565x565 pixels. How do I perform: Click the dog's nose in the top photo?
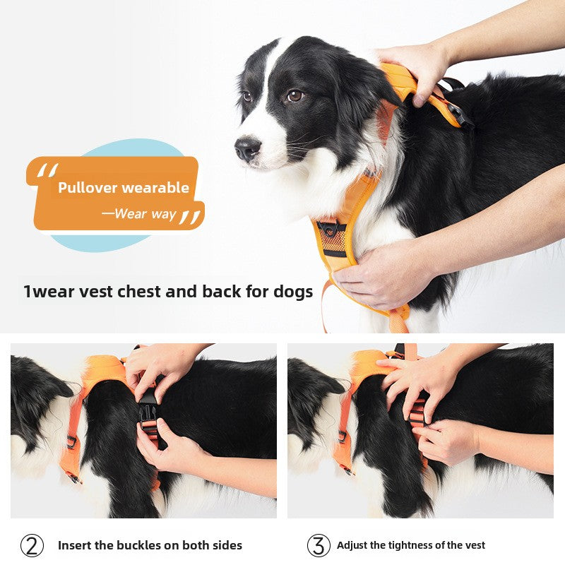(x=247, y=148)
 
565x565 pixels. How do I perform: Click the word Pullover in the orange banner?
(x=88, y=188)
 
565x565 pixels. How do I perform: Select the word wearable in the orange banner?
(x=155, y=188)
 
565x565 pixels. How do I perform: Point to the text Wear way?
(x=144, y=213)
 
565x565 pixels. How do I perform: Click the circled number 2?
(x=32, y=545)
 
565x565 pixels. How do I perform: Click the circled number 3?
(x=319, y=545)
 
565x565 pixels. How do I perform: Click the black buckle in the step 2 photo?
(x=148, y=410)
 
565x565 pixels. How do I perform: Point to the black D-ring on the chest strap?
(x=331, y=229)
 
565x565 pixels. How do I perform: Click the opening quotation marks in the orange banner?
(x=47, y=170)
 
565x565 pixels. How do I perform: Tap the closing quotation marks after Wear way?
(x=189, y=217)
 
